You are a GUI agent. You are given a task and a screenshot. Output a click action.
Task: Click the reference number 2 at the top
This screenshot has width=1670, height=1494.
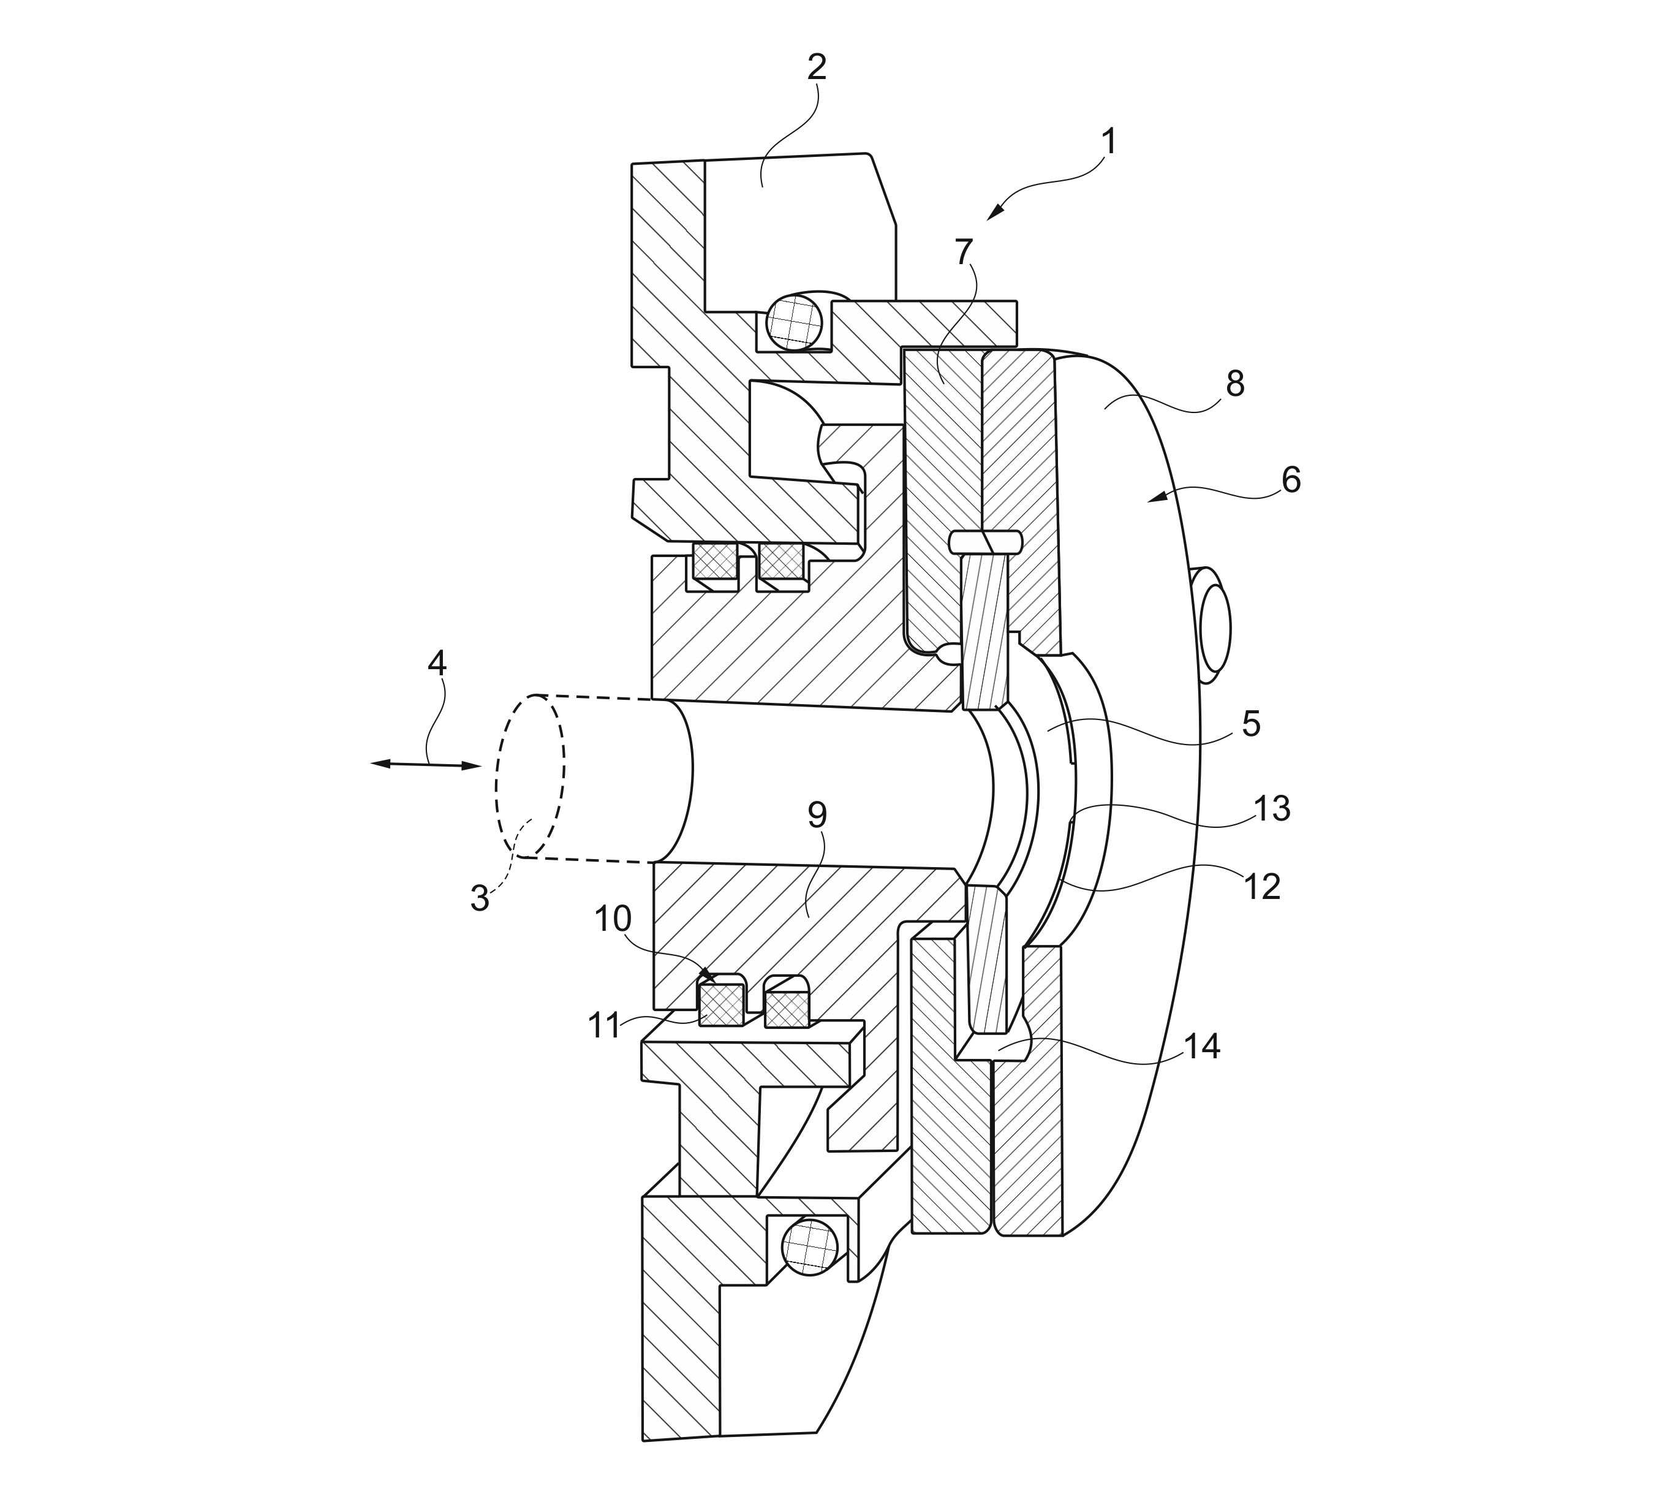coord(816,68)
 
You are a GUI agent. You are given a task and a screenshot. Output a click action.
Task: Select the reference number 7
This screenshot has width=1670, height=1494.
coord(964,251)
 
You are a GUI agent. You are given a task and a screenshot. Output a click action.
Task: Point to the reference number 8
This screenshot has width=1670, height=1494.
coord(1234,384)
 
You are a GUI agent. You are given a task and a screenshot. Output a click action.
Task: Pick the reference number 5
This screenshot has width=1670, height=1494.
coord(1250,724)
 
